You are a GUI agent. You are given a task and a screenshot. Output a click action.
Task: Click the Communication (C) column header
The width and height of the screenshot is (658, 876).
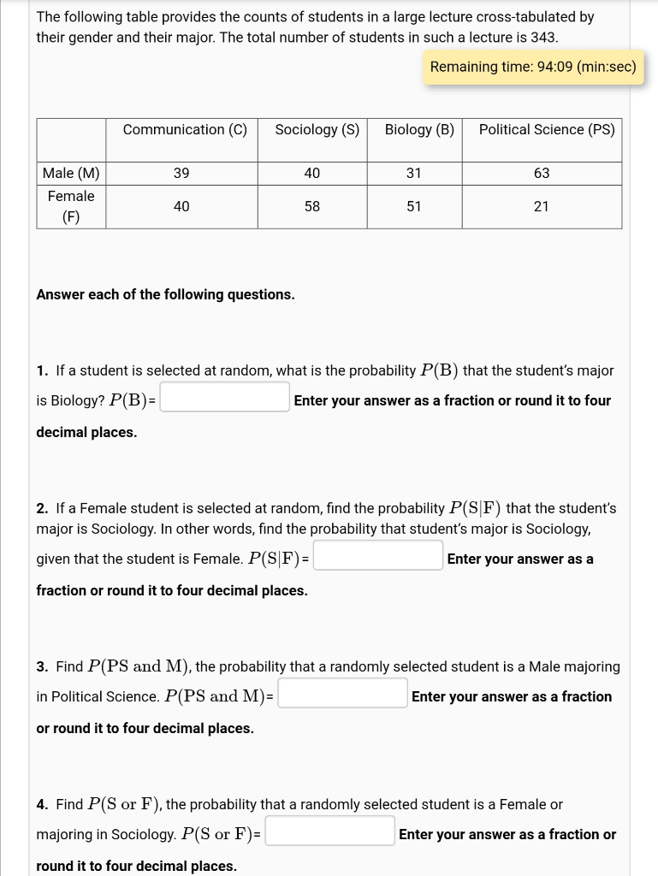[185, 130]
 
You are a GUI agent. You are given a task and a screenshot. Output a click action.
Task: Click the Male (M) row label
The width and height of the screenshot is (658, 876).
[71, 174]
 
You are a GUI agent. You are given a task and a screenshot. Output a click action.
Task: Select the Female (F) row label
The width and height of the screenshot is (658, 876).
[71, 206]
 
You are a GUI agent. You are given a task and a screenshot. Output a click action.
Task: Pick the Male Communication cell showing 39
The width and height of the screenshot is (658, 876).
[181, 174]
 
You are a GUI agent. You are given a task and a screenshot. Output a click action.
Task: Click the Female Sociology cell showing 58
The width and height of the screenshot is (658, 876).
[312, 207]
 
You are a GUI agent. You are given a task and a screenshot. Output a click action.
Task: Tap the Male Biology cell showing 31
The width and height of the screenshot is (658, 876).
[414, 174]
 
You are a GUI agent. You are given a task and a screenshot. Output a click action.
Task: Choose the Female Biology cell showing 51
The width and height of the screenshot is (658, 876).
[414, 207]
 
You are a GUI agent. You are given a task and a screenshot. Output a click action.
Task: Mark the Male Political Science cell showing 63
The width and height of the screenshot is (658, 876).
[542, 174]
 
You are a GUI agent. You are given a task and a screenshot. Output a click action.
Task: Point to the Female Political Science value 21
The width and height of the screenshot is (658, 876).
[542, 207]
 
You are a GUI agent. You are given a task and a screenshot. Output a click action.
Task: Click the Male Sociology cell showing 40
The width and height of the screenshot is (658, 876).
[312, 174]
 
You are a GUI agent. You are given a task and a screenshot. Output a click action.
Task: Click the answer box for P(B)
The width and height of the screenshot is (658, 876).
[225, 398]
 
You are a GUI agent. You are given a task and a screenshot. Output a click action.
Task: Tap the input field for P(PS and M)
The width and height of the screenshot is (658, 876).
[343, 694]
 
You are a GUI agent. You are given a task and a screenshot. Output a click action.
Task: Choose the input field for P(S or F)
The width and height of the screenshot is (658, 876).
[330, 832]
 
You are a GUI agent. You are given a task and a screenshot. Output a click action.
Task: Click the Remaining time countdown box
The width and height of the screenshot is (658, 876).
[533, 67]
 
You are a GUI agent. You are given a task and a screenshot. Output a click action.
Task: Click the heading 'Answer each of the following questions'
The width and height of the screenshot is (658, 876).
[165, 294]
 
